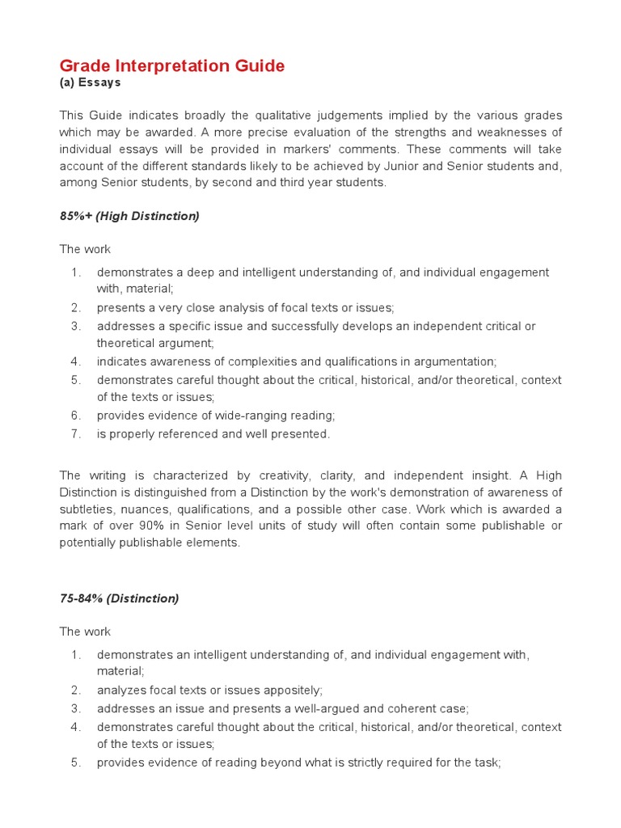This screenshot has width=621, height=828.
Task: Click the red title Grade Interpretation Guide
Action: click(172, 65)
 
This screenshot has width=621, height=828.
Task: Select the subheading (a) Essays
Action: click(90, 82)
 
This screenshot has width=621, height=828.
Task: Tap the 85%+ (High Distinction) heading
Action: click(129, 216)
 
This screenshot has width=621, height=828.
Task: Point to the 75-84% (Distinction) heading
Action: click(119, 598)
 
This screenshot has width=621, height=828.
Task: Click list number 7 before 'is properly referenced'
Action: click(75, 434)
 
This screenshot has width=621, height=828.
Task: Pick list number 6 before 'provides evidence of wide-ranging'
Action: click(75, 416)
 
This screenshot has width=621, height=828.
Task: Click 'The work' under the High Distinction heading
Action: click(85, 249)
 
